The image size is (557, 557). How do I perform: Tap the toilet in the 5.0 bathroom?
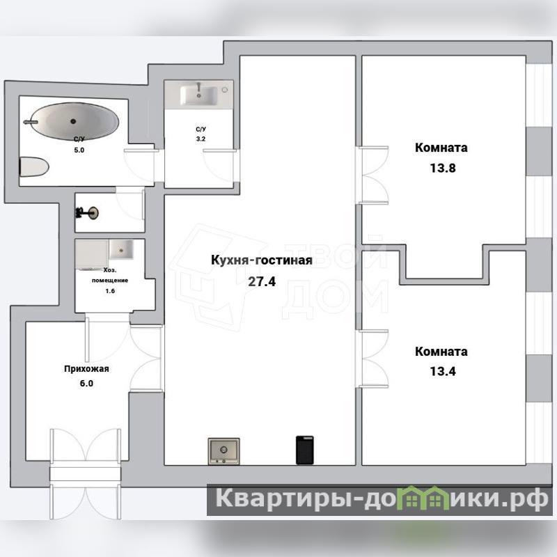(x=33, y=167)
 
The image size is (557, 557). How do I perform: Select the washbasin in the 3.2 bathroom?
(x=198, y=95)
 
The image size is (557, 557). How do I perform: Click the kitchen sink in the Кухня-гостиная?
(x=223, y=450)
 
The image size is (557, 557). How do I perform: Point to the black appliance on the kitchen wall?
(x=305, y=450)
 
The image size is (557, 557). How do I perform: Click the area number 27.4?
(x=262, y=281)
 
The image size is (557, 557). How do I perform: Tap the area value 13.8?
(x=443, y=168)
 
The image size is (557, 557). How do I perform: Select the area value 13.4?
(x=443, y=371)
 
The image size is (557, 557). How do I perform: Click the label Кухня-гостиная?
(x=262, y=260)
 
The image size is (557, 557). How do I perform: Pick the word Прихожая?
(x=86, y=369)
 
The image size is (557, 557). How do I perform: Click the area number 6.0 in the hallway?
(x=86, y=384)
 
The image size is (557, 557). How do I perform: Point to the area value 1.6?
(x=110, y=291)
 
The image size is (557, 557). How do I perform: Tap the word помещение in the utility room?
(x=110, y=281)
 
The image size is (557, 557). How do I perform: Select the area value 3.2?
(x=201, y=139)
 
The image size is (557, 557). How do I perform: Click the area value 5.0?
(x=79, y=150)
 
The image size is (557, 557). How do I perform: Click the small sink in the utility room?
(x=121, y=249)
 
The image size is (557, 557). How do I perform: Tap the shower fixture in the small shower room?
(x=87, y=213)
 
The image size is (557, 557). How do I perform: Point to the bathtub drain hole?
(x=73, y=121)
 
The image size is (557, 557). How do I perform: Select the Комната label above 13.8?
(x=441, y=148)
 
